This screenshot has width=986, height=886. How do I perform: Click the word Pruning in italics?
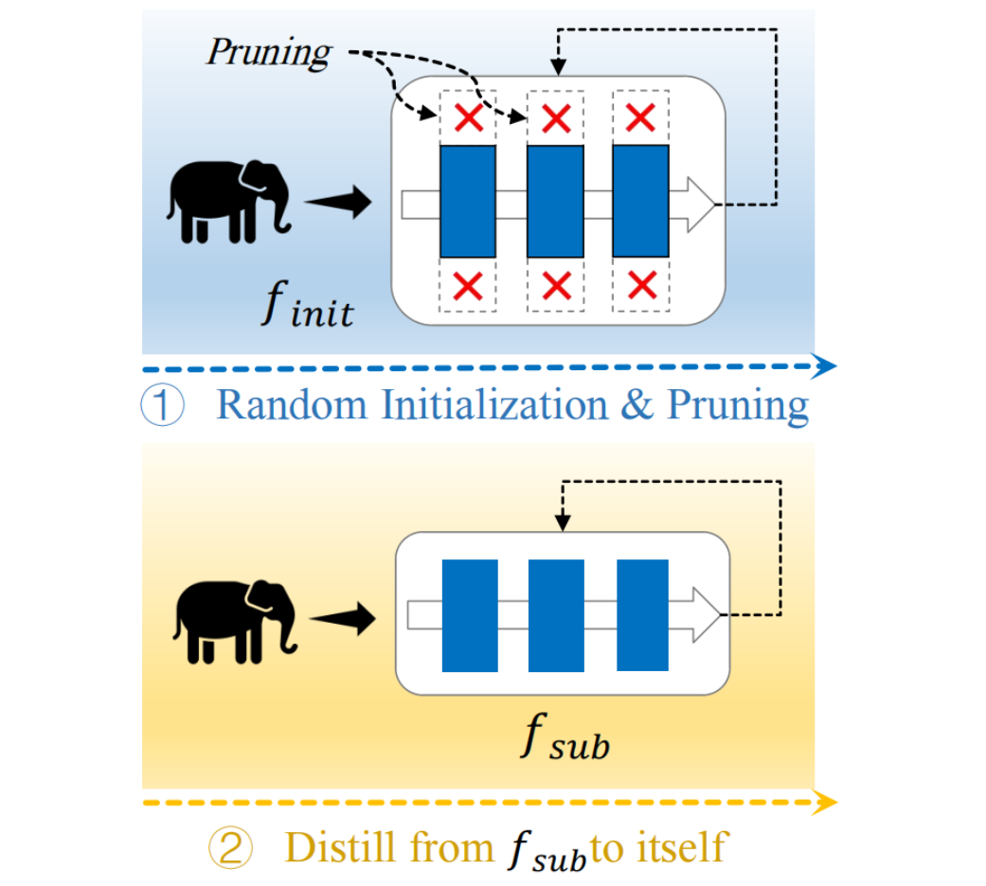coord(268,52)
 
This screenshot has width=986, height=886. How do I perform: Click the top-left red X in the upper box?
coord(468,117)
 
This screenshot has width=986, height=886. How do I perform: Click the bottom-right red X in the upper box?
coord(641,283)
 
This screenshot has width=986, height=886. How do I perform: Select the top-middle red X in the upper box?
coord(555,117)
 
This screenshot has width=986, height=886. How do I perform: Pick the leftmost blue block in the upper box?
coord(468,201)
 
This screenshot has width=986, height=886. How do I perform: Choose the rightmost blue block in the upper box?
coord(641,201)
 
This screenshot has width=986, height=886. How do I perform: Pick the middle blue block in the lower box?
coord(556,615)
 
